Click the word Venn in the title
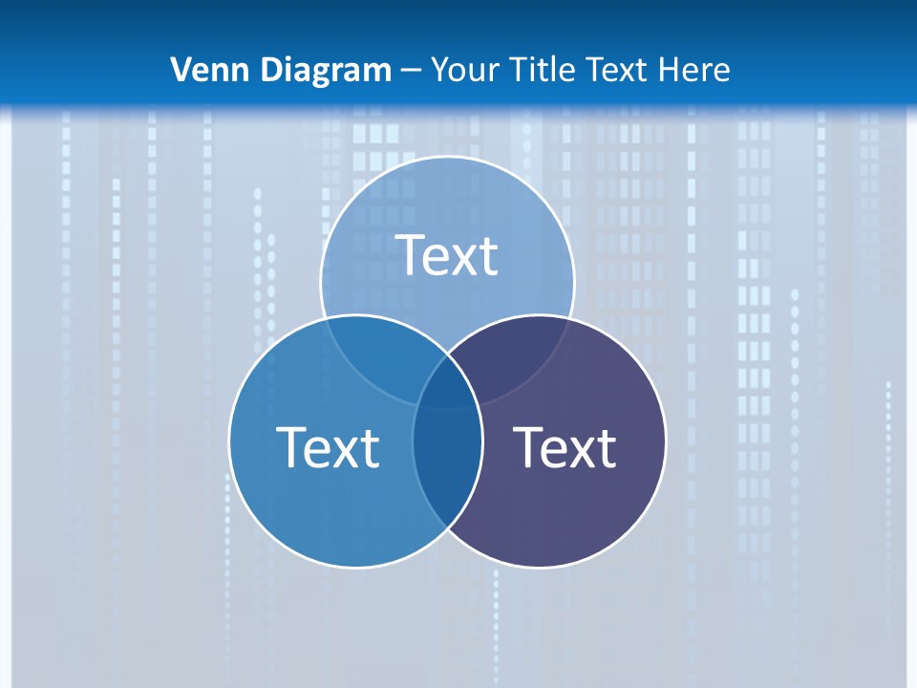(x=203, y=70)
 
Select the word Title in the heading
(x=541, y=70)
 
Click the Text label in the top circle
(x=447, y=255)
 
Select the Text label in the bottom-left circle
(x=328, y=447)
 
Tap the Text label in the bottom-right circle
(x=565, y=447)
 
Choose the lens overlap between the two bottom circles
(x=447, y=468)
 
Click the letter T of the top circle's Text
(x=411, y=255)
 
